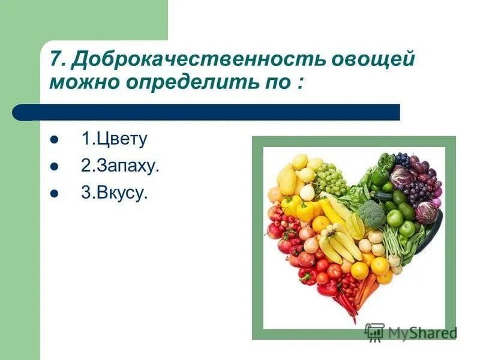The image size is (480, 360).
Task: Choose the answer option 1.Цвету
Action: [114, 139]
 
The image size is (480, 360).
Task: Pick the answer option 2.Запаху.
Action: [120, 166]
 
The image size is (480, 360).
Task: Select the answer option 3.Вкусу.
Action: [114, 194]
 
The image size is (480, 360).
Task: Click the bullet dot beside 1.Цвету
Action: [54, 140]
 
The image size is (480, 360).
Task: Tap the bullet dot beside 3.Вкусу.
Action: [54, 194]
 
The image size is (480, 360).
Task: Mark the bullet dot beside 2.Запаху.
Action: [54, 167]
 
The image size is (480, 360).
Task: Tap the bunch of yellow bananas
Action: [339, 243]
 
